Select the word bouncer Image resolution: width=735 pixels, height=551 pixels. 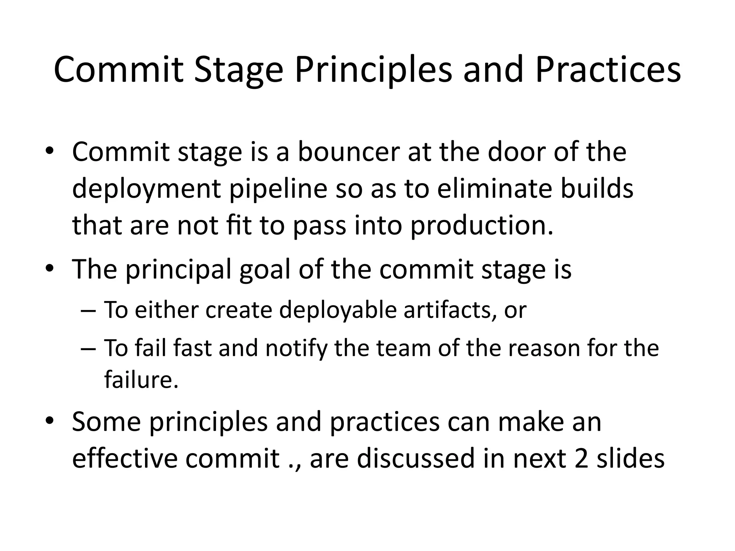(348, 151)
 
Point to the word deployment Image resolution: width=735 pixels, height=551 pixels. (146, 189)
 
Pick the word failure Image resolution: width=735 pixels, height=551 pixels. (141, 380)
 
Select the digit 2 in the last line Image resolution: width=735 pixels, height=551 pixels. (581, 458)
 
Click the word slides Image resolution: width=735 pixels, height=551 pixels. (630, 458)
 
